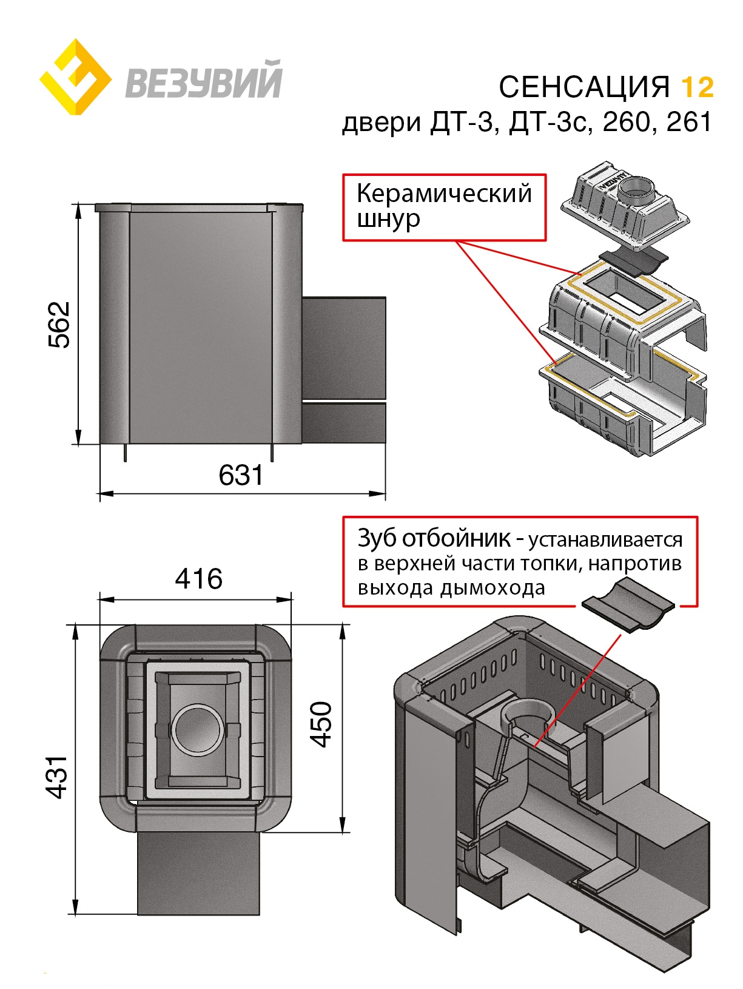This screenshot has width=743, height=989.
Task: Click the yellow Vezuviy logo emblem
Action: tap(75, 78)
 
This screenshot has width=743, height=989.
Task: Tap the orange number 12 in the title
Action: tap(698, 87)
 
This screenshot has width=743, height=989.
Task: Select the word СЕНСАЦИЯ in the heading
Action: tap(584, 87)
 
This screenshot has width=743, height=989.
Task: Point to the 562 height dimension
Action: tap(59, 325)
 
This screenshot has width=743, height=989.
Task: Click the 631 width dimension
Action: tap(241, 475)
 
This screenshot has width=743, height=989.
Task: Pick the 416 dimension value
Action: tap(198, 579)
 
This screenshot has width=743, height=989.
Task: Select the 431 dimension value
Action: tap(57, 777)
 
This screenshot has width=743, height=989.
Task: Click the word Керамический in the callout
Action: tap(444, 194)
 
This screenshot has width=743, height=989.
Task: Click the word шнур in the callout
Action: tap(388, 218)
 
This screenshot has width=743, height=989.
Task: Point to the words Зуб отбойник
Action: tap(433, 538)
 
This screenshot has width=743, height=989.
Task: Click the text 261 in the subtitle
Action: tap(689, 122)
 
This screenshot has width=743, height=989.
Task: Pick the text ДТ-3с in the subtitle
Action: tap(548, 122)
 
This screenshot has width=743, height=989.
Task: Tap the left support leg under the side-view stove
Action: tap(126, 452)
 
